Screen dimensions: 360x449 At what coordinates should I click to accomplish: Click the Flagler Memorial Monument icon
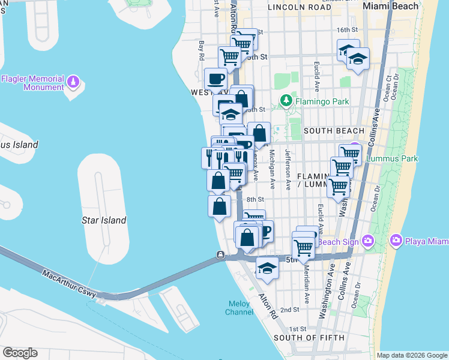point(73,80)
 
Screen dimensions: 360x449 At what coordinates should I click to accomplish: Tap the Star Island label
point(104,220)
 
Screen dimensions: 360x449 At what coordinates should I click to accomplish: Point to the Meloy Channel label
point(239,308)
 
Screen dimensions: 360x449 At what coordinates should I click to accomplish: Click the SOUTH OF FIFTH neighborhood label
point(309,338)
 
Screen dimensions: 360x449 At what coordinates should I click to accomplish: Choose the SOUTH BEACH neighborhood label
point(334,131)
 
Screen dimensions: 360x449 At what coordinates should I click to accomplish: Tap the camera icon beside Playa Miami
point(396,241)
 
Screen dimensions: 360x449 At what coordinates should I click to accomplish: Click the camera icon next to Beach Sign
point(367,241)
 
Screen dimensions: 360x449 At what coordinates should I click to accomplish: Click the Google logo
point(19,352)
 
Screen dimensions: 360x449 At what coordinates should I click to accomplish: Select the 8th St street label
point(255,200)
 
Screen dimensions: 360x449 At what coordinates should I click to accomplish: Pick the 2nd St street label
point(289,310)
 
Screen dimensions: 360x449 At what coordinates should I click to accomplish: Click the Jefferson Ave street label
point(288,169)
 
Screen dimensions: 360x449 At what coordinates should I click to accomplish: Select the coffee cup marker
point(215,79)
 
